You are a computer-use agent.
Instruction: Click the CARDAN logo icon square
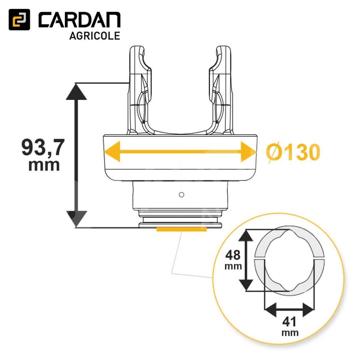(x=19, y=19)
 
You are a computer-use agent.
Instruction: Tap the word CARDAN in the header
(x=80, y=20)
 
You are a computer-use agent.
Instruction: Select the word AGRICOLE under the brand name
(x=94, y=36)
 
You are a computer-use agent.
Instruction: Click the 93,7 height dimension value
(x=42, y=148)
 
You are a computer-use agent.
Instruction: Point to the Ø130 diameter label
(x=293, y=152)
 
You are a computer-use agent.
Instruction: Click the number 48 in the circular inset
(x=233, y=255)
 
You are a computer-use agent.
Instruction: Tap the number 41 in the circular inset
(x=289, y=322)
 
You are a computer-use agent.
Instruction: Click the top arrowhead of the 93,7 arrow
(x=76, y=91)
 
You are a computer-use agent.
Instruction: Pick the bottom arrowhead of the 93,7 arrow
(x=76, y=219)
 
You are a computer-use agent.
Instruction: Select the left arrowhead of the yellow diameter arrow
(x=112, y=152)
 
